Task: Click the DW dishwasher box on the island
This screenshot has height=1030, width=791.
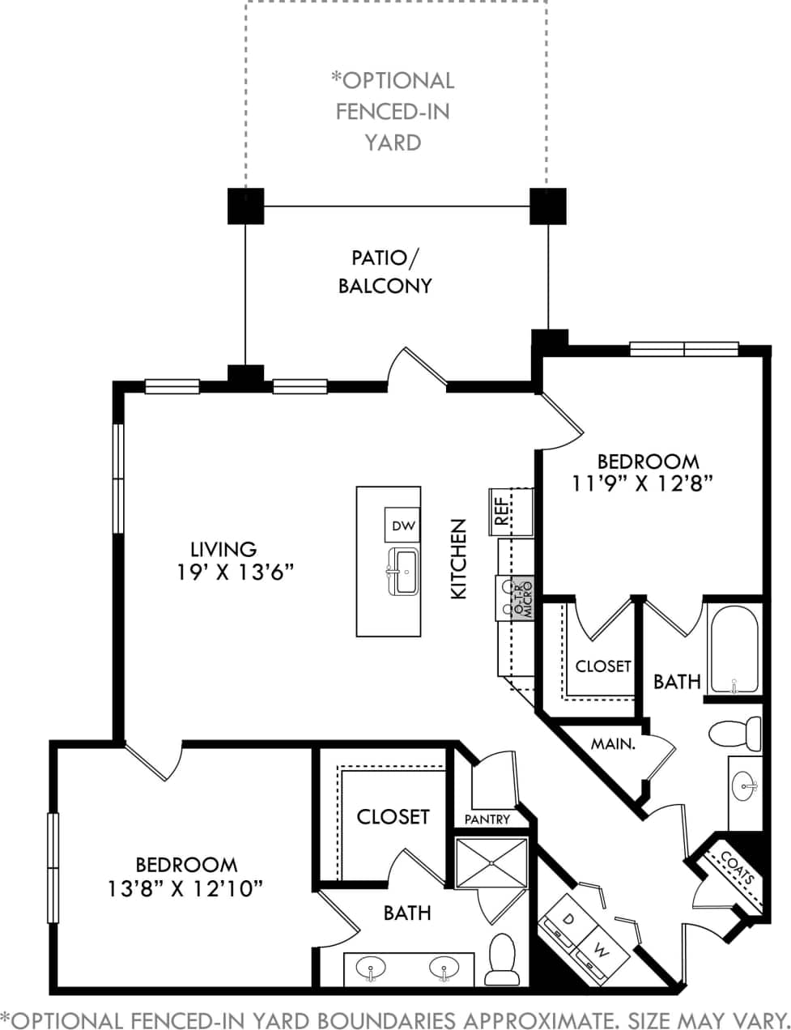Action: [x=402, y=526]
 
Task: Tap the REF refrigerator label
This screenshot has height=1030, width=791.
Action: [x=502, y=511]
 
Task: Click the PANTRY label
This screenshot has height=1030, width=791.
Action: [x=487, y=819]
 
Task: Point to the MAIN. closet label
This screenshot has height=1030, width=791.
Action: [x=612, y=743]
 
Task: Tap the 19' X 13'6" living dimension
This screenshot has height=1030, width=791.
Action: [x=235, y=572]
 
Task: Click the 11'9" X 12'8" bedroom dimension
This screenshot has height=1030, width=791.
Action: [x=648, y=484]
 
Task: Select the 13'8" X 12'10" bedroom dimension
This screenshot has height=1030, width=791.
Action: [x=186, y=889]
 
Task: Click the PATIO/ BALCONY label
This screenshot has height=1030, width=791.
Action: [x=385, y=271]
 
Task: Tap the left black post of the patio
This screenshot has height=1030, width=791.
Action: [x=245, y=206]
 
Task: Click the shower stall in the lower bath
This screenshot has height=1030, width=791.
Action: [x=491, y=864]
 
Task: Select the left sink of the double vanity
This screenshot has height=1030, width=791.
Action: [x=372, y=968]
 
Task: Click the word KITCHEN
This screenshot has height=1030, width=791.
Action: [x=459, y=559]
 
